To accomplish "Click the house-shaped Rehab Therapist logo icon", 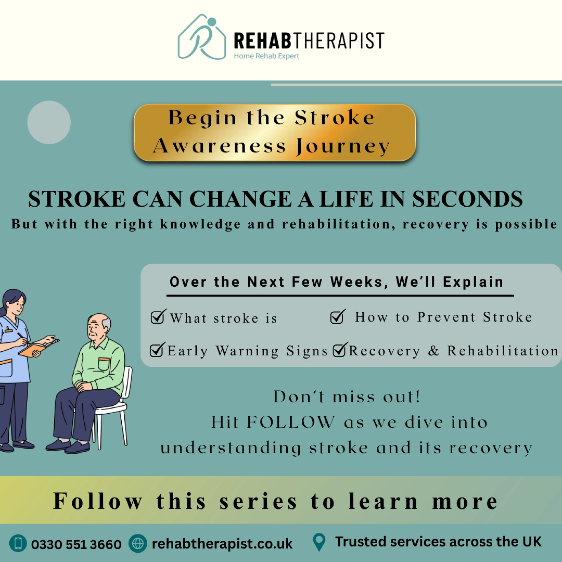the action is pyautogui.click(x=202, y=37).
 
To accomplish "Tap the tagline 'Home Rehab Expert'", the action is pyautogui.click(x=266, y=56).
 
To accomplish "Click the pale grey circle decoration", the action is pyautogui.click(x=49, y=122).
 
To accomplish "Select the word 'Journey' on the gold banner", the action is pyautogui.click(x=343, y=146).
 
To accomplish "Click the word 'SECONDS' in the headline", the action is pyautogui.click(x=467, y=199).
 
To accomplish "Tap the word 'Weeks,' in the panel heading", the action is pyautogui.click(x=359, y=282).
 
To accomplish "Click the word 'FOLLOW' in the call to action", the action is pyautogui.click(x=290, y=422).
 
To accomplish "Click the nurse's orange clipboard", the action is pyautogui.click(x=32, y=349).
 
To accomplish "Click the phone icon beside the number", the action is pyautogui.click(x=18, y=543).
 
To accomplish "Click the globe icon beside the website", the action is pyautogui.click(x=138, y=544).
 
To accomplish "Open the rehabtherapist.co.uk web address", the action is pyautogui.click(x=222, y=544).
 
